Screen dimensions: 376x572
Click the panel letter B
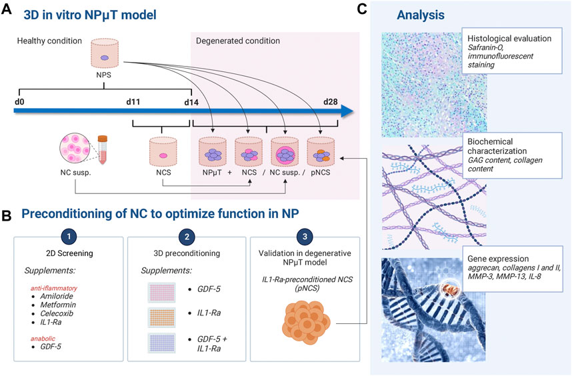(7, 215)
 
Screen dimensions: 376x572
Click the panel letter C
(361, 9)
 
